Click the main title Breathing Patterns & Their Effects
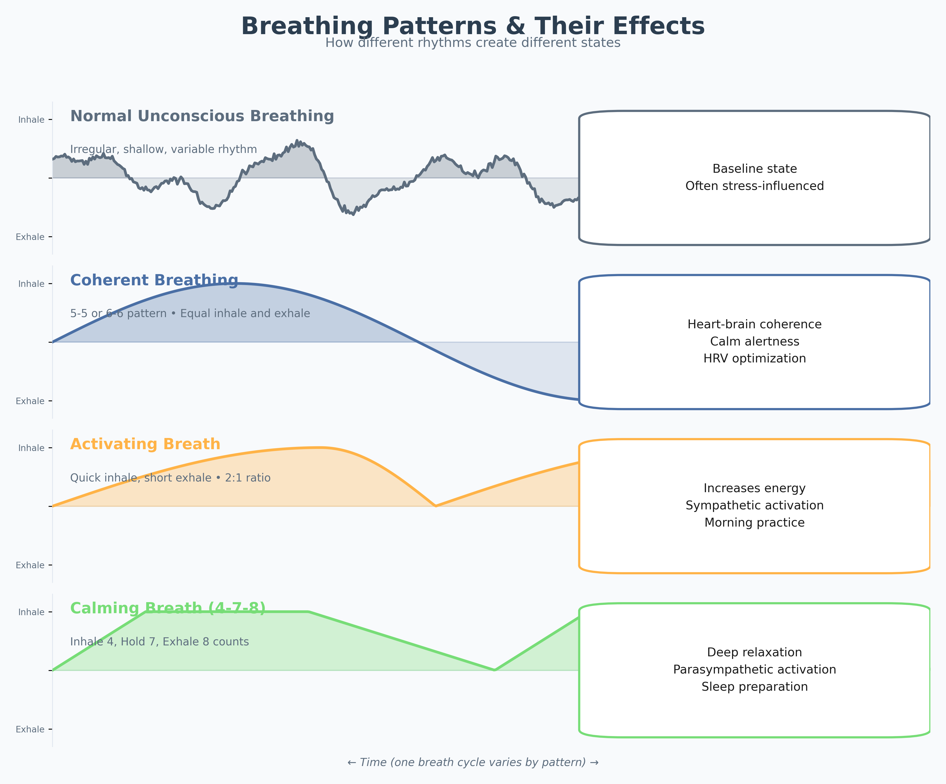(472, 26)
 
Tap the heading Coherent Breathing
(154, 280)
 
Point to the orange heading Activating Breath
(145, 445)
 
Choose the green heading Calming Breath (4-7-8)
(168, 608)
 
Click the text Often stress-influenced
(754, 186)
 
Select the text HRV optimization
(754, 359)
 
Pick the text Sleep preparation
(754, 687)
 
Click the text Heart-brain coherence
(754, 324)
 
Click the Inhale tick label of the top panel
(31, 120)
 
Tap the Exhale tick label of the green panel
(30, 730)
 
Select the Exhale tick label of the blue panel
(30, 401)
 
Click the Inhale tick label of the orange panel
(31, 448)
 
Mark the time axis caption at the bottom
(472, 762)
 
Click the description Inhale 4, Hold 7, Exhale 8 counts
(159, 642)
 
